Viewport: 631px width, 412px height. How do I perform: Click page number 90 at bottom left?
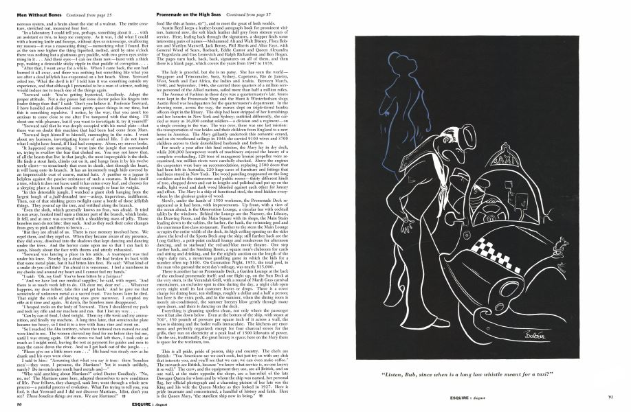coord(16,404)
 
